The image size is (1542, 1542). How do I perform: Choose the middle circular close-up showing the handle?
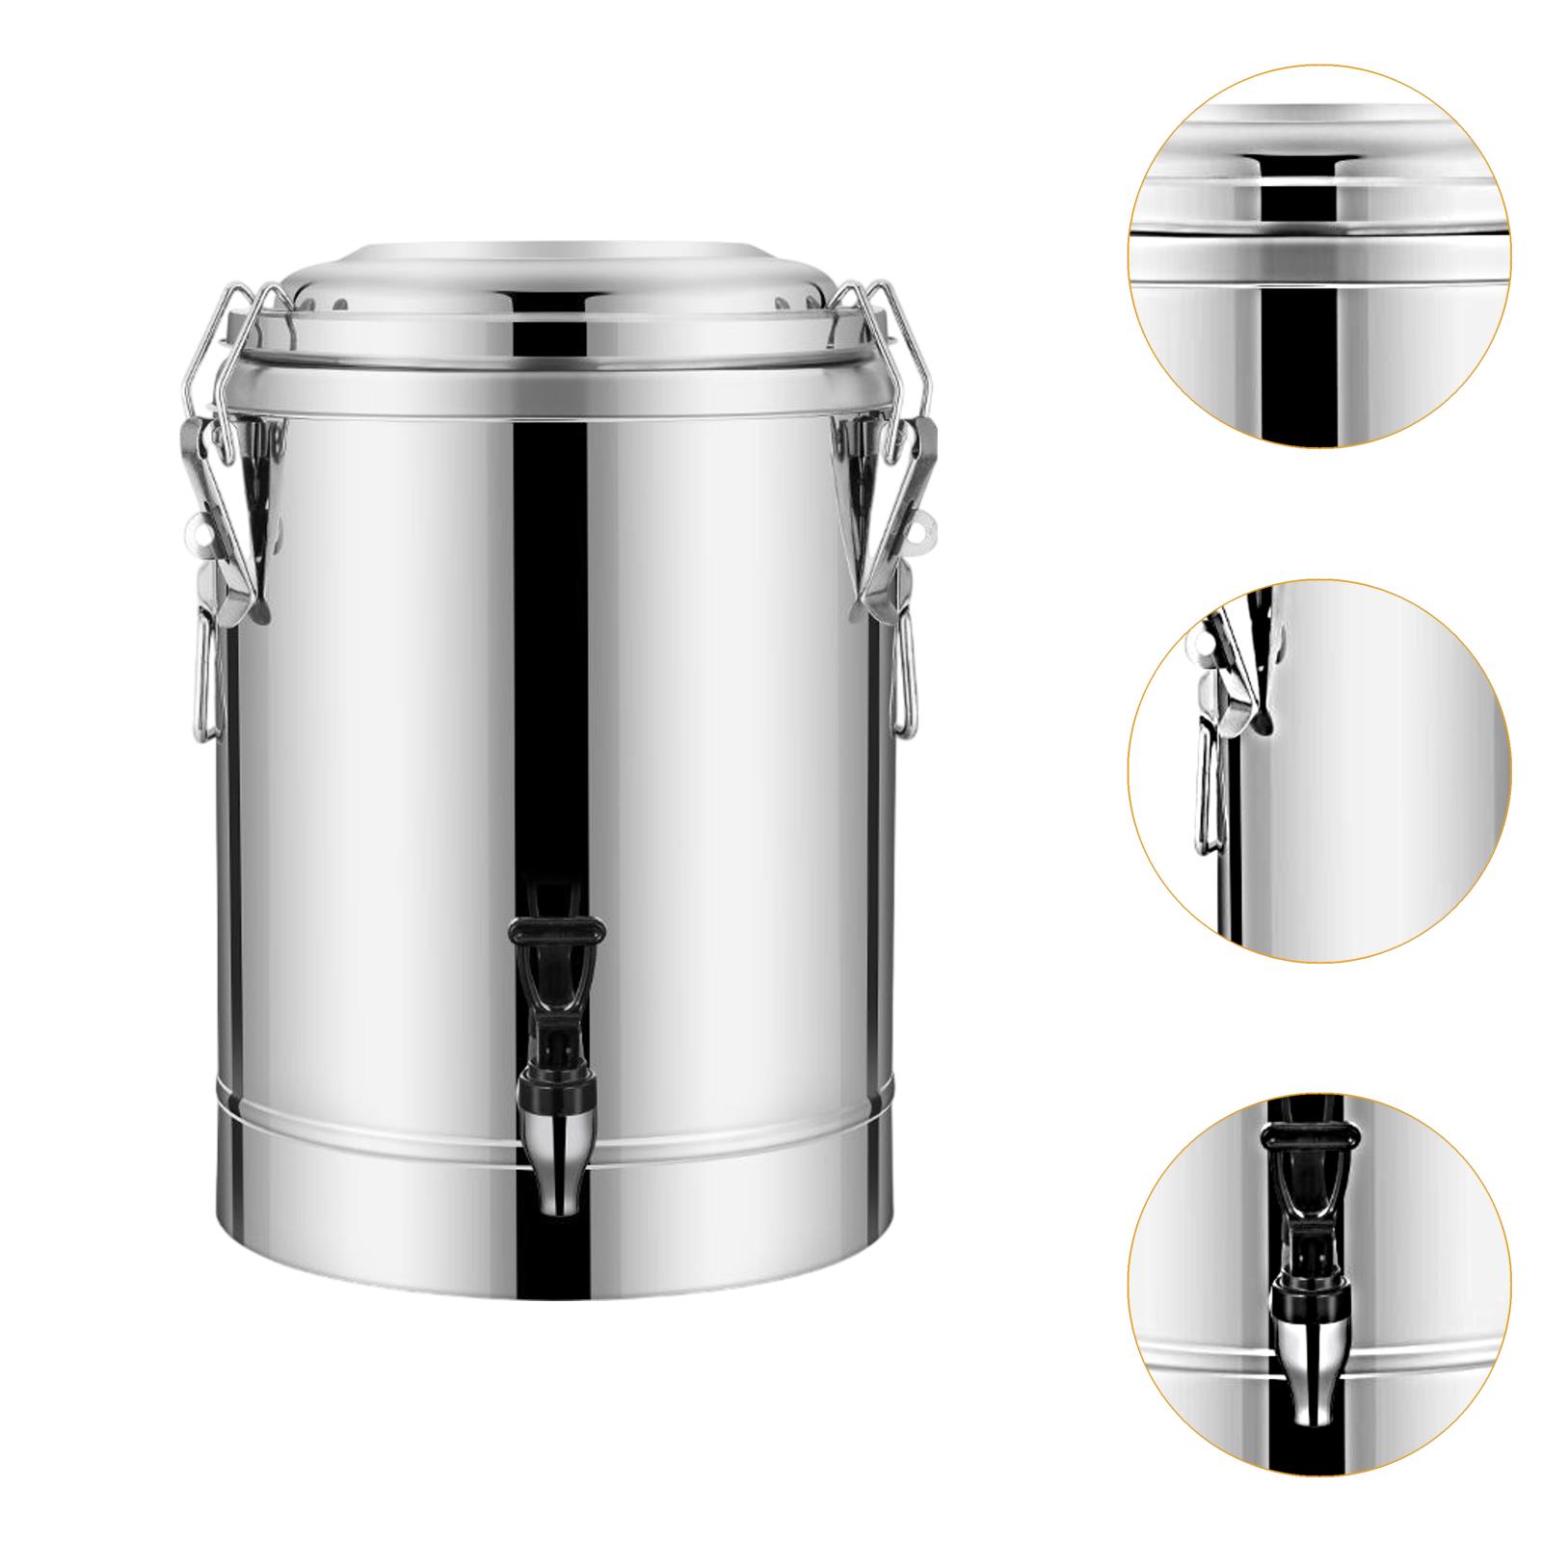[x=1319, y=771]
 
